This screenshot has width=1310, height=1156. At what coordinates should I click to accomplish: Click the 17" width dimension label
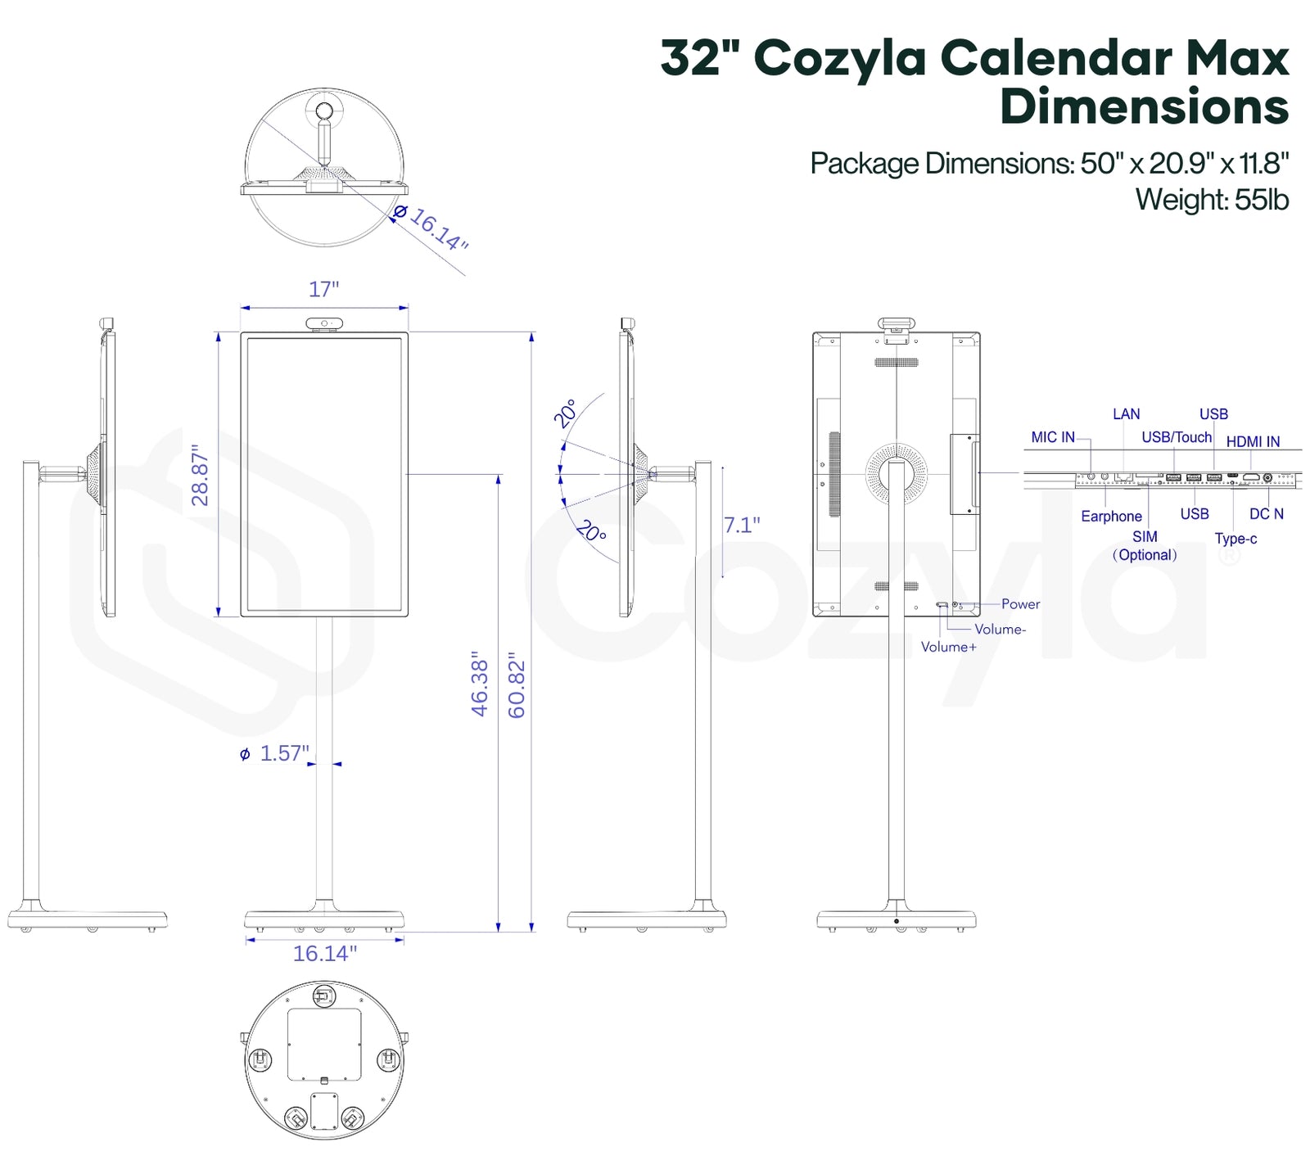tap(323, 289)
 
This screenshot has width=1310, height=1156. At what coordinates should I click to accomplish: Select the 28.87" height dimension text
tap(201, 475)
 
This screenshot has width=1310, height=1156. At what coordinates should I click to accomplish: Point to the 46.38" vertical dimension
tap(480, 684)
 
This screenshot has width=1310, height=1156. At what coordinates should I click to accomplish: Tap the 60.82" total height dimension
tap(517, 685)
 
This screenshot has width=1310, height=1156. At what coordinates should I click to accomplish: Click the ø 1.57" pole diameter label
tap(275, 753)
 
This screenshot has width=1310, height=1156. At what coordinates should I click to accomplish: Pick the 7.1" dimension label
tap(742, 525)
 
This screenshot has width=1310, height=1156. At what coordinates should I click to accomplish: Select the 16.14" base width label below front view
tap(325, 954)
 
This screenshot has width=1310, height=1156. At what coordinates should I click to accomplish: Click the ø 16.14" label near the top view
tap(431, 227)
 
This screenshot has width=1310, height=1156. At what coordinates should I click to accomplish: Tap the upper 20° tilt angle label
tap(566, 413)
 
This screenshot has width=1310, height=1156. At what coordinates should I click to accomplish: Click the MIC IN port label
tap(1053, 437)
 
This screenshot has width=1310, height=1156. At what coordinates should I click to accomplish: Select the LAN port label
tap(1127, 414)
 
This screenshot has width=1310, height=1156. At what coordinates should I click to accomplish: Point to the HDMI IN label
tap(1253, 441)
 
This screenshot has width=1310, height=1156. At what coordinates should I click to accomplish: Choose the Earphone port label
tap(1111, 516)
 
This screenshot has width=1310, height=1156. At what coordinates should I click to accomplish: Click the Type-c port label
tap(1235, 539)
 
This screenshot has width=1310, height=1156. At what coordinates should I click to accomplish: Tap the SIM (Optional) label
tap(1145, 546)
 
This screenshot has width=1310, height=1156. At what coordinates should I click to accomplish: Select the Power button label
tap(1020, 604)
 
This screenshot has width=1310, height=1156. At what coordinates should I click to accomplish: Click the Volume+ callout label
tap(948, 647)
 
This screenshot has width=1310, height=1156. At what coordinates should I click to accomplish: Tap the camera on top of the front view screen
tap(325, 324)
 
